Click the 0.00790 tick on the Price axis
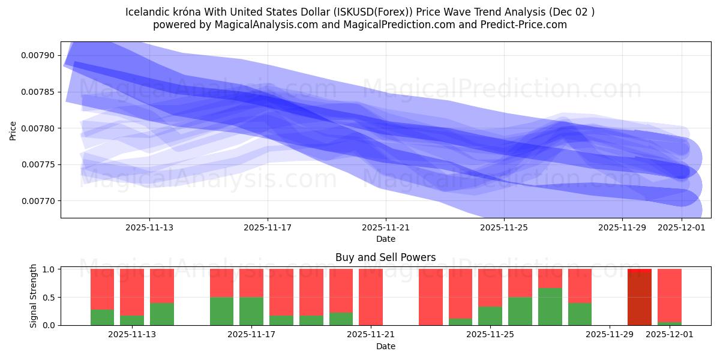tap(37, 56)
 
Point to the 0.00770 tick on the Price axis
tap(37, 201)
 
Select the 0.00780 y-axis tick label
tap(37, 128)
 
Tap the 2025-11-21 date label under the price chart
tap(386, 227)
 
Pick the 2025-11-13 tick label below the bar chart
tap(132, 335)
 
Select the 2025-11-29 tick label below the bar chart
tap(610, 335)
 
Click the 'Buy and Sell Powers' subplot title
tap(386, 257)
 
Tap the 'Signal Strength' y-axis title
tap(34, 296)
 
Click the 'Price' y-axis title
tap(13, 130)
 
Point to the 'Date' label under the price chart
tap(386, 239)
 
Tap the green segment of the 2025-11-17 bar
tap(251, 311)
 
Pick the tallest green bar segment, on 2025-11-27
tap(550, 307)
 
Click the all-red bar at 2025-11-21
tap(371, 297)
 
